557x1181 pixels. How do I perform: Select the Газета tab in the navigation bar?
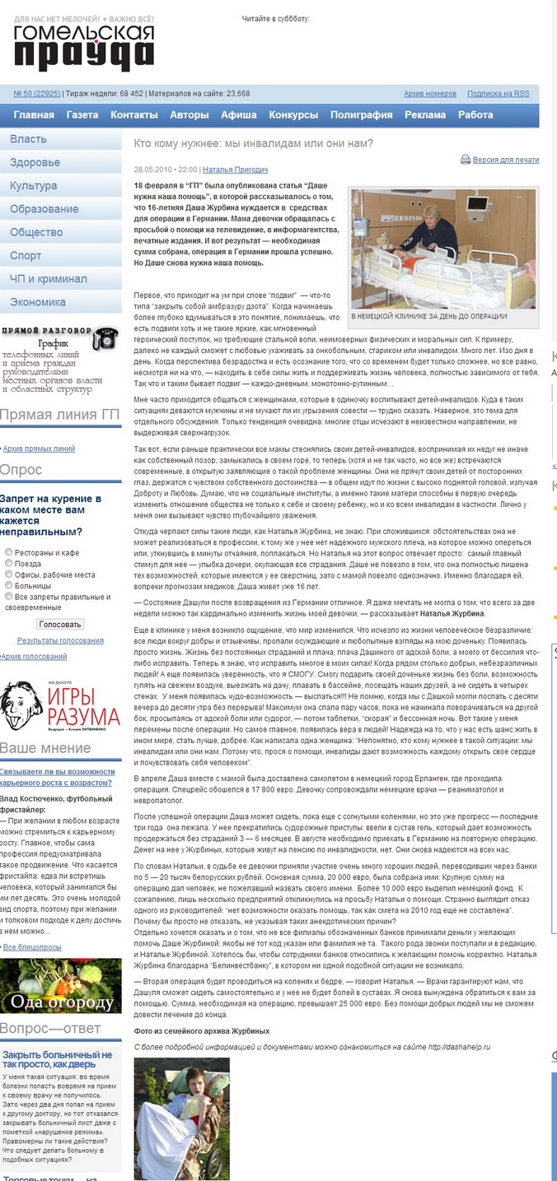click(82, 115)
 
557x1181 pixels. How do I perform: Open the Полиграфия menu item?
click(361, 115)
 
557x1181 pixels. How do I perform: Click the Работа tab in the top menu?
click(475, 115)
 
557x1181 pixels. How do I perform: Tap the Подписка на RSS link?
click(498, 94)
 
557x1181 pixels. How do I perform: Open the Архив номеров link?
click(430, 94)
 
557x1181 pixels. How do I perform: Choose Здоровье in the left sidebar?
click(35, 162)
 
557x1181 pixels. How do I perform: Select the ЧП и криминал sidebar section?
click(48, 279)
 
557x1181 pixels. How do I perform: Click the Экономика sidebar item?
click(37, 302)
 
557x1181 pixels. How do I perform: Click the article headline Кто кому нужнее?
click(254, 143)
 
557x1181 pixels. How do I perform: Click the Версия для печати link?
click(506, 160)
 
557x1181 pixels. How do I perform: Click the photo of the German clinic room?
click(443, 248)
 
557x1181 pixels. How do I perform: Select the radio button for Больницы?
click(9, 586)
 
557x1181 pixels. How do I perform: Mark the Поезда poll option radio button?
click(9, 564)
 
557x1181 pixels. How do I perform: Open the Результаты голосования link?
click(60, 640)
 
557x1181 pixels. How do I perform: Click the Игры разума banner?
click(59, 706)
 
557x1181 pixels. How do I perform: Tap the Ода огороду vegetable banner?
click(61, 985)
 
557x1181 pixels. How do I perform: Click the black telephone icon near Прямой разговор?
click(105, 338)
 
